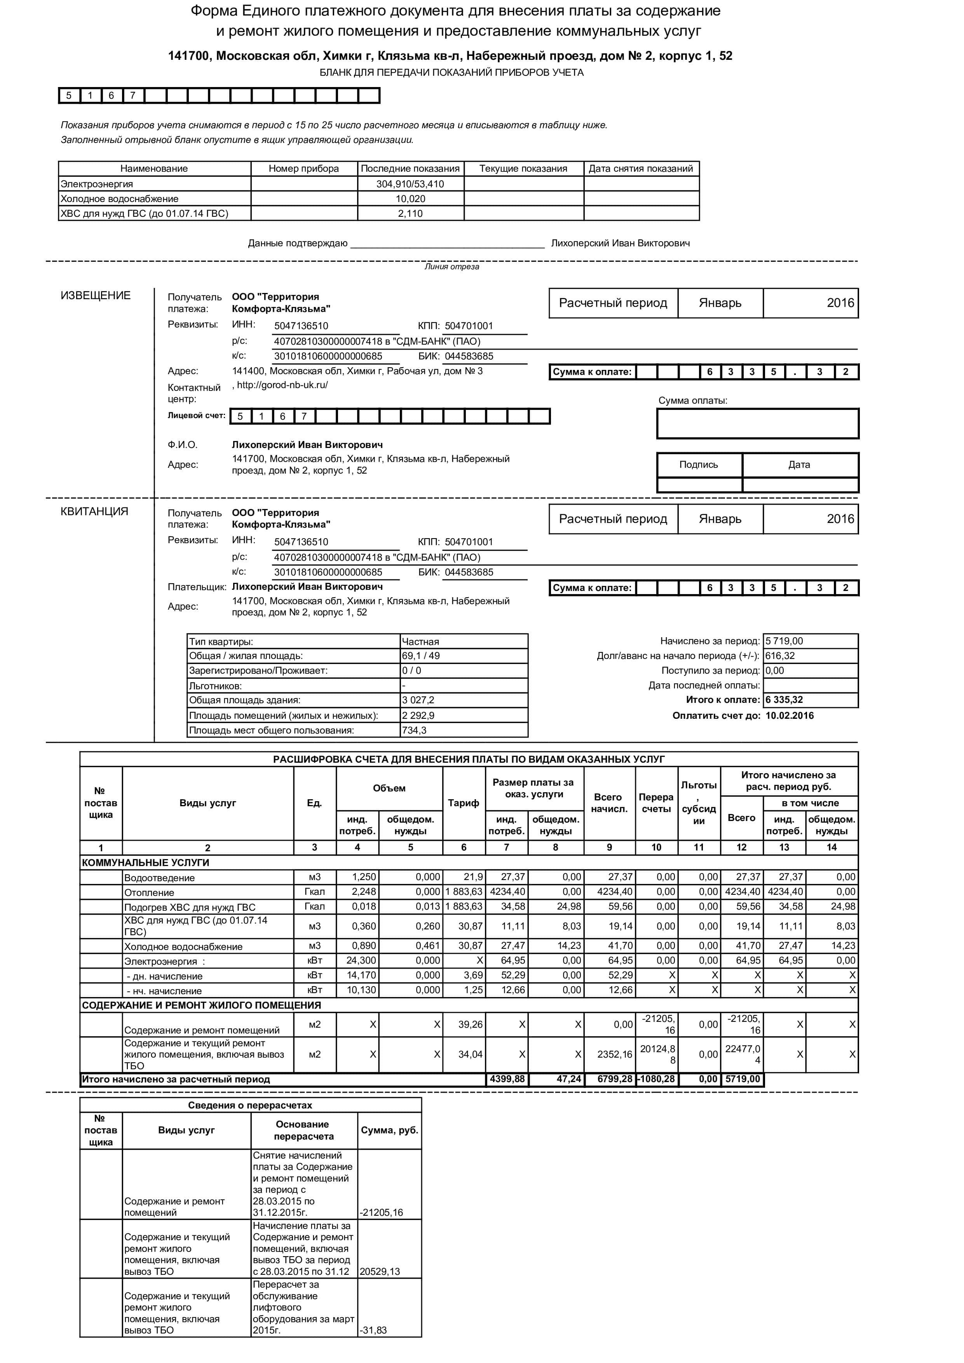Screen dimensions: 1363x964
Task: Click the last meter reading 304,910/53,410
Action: point(410,184)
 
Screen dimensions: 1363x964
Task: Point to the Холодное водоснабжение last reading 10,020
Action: point(410,199)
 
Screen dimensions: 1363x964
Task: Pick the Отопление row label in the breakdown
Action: point(149,893)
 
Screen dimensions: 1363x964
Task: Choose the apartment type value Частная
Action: point(420,642)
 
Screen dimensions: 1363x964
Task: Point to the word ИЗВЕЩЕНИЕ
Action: point(96,296)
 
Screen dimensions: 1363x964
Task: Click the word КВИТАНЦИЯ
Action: point(94,512)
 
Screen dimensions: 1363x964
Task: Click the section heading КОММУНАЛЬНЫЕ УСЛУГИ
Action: point(145,863)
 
